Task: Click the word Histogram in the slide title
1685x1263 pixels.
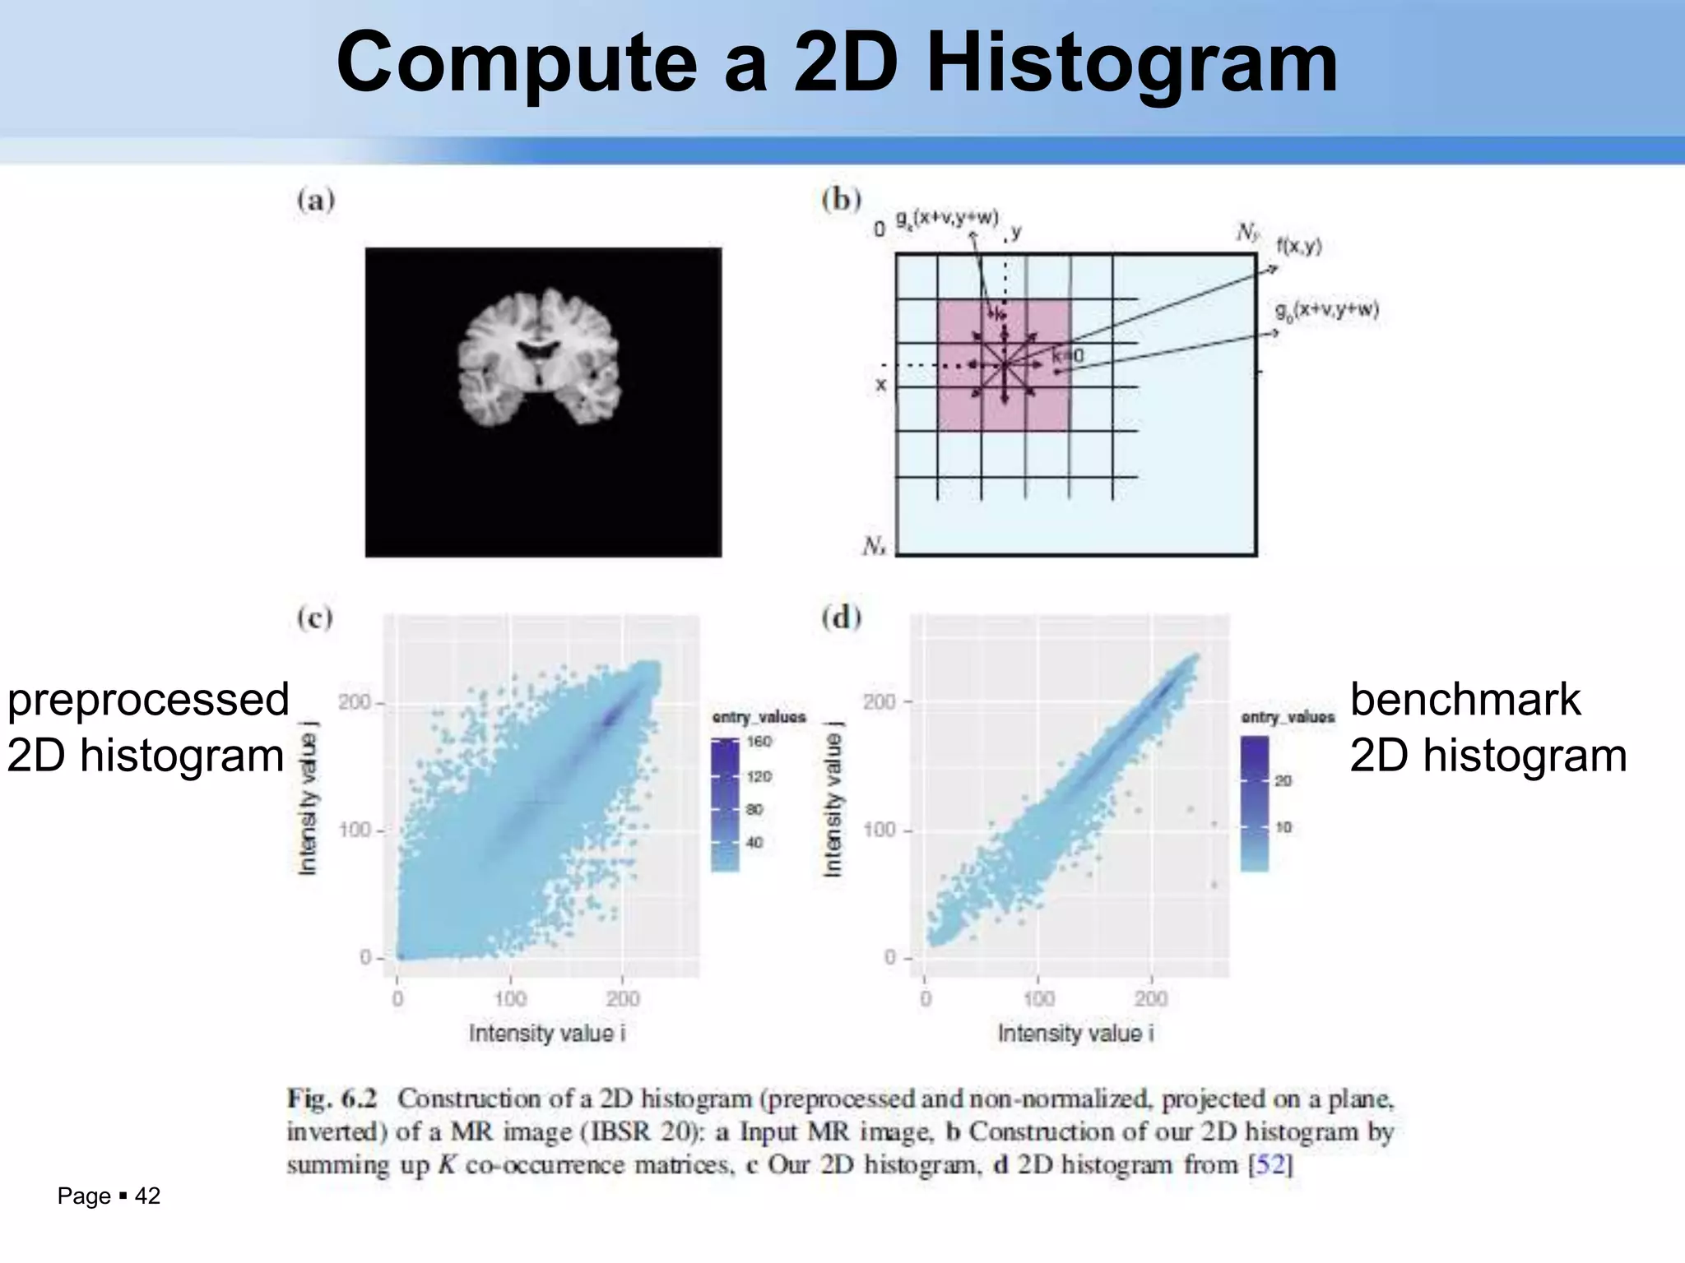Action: pos(1132,62)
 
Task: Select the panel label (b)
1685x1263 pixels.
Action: pos(841,200)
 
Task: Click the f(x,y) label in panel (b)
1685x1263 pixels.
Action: pos(1298,246)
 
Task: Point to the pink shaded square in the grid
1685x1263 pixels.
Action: pos(1004,365)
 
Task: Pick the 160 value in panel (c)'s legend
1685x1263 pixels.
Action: pos(759,742)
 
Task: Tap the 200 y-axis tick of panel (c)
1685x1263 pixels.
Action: pos(355,703)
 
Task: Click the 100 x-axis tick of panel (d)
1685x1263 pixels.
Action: pos(1038,998)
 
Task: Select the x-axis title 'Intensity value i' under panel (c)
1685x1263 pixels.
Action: pos(547,1034)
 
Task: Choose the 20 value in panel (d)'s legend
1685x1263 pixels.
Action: pos(1283,780)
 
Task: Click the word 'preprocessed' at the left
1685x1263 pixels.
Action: pos(148,700)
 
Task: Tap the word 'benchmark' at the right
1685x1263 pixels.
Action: pos(1465,700)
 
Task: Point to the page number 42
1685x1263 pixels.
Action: pos(147,1196)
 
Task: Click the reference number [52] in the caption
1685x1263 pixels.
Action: pos(1270,1164)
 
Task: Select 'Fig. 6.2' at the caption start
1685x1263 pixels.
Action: pos(332,1099)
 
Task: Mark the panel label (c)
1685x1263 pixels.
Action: pos(314,618)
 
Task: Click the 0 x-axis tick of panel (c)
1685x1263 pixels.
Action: pos(397,999)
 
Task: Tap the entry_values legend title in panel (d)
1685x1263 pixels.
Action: pos(1288,717)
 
